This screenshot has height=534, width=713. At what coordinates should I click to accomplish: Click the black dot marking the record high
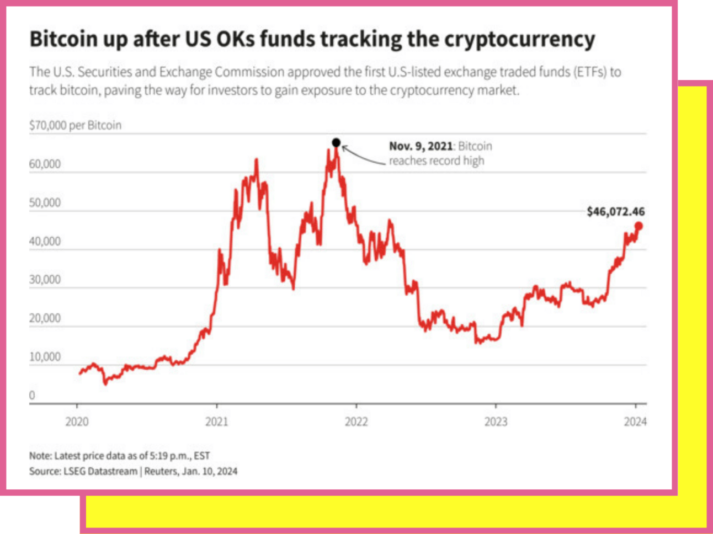pos(336,142)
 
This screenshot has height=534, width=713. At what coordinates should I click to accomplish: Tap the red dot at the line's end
pos(638,226)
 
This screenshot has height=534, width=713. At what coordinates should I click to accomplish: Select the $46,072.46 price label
pos(615,211)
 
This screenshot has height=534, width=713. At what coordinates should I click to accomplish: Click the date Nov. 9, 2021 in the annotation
pos(421,146)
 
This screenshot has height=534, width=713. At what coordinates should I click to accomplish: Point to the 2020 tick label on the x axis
pos(77,422)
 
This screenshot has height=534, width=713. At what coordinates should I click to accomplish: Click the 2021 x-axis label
pos(217,422)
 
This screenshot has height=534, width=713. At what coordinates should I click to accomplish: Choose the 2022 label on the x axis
pos(356,422)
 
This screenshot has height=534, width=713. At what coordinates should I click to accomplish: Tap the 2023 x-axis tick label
pos(496,422)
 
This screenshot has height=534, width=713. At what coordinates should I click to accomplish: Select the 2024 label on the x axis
pos(635,422)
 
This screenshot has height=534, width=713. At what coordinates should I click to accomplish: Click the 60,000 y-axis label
pos(45,164)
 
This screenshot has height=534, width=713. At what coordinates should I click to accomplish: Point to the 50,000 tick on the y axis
pos(45,202)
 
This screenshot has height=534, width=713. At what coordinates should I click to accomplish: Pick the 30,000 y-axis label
pos(45,280)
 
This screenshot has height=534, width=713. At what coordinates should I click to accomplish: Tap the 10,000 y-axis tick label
pos(45,357)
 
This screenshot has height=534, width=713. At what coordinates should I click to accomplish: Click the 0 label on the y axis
pos(32,395)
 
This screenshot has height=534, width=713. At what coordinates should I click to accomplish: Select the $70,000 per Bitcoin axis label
pos(75,125)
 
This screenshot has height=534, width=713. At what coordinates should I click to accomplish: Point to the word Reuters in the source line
pos(161,471)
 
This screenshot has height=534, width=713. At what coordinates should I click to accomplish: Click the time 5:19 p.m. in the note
pos(171,456)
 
